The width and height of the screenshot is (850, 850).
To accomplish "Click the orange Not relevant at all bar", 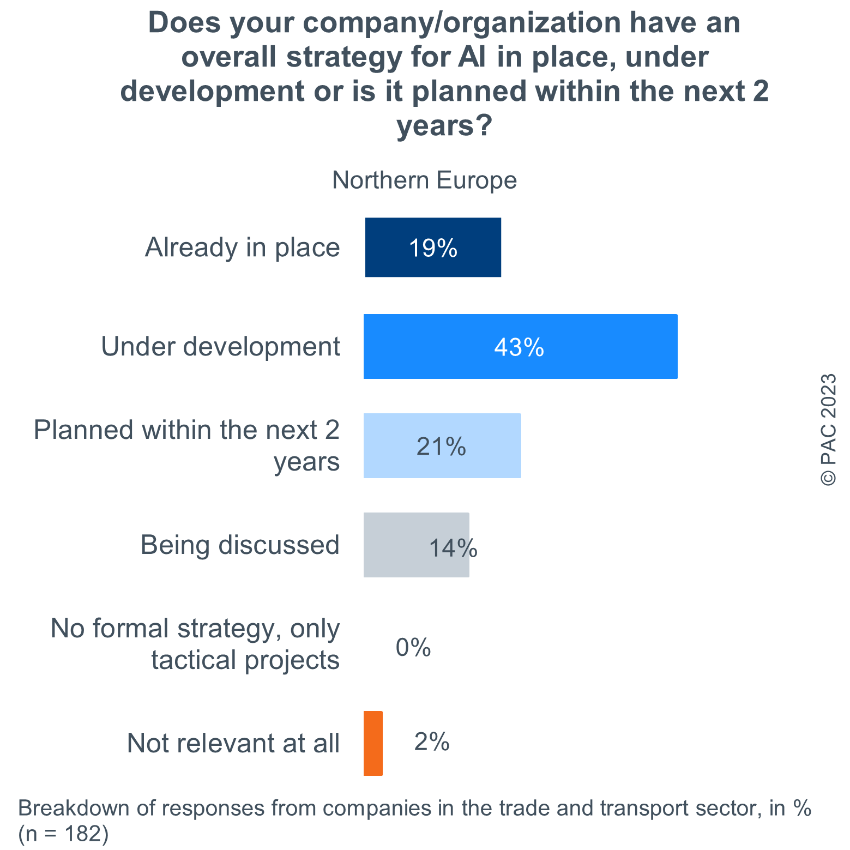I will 373,743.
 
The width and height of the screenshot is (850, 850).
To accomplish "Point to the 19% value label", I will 433,248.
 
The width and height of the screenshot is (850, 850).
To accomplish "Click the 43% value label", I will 519,347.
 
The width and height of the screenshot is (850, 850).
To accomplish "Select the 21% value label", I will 441,447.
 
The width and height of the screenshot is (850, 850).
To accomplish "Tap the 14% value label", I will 453,548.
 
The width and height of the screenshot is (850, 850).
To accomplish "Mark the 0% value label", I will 413,648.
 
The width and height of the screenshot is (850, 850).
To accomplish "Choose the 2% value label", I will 432,742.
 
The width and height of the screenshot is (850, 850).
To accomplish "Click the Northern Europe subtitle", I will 424,180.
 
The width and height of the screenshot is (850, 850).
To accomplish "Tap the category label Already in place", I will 242,248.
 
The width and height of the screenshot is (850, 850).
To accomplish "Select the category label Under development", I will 220,347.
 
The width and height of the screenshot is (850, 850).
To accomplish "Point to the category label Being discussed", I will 240,545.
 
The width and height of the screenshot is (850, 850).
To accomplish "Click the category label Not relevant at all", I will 233,743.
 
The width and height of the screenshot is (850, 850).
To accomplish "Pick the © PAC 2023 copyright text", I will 828,430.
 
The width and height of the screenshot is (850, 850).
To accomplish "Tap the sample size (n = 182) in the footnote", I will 63,834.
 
